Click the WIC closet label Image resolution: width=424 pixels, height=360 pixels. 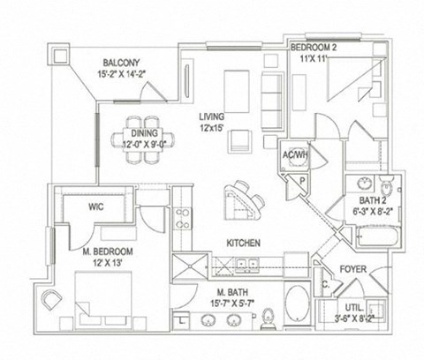pyautogui.click(x=96, y=207)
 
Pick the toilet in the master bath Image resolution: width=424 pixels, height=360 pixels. pyautogui.click(x=272, y=316)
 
